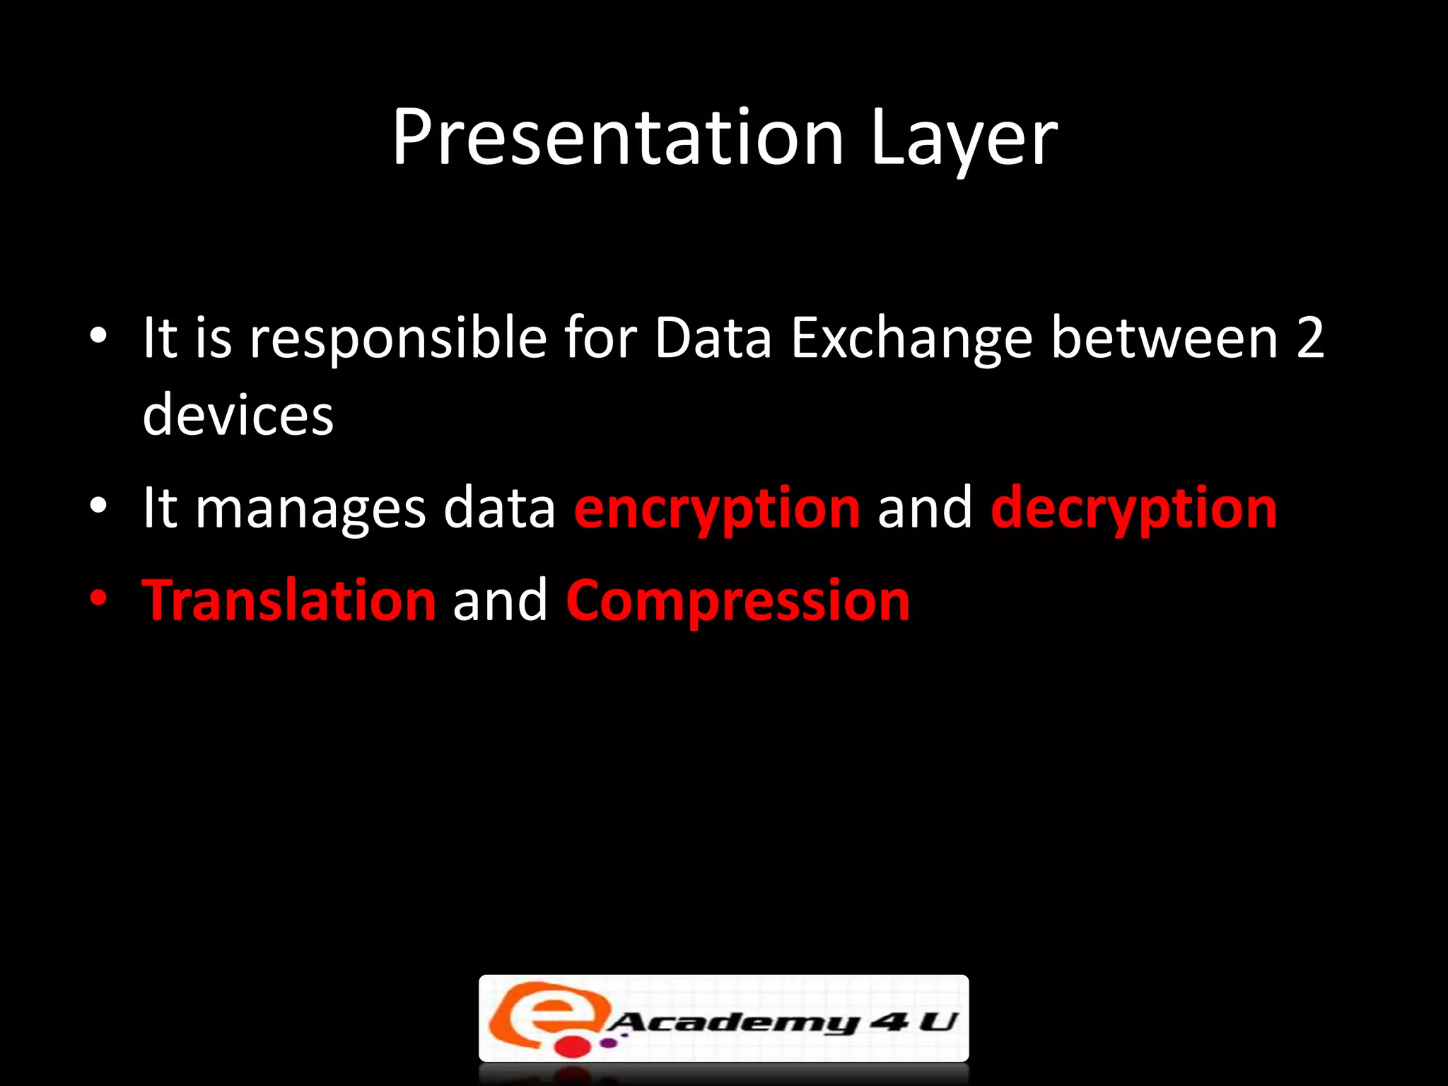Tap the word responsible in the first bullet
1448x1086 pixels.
click(x=398, y=338)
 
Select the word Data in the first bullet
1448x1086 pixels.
click(x=713, y=338)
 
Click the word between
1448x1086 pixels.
click(x=1164, y=338)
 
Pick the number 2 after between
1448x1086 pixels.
click(x=1310, y=338)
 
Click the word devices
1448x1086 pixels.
click(x=238, y=415)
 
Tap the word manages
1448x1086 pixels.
click(x=310, y=509)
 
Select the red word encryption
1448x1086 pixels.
click(x=717, y=509)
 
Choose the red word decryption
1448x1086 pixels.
click(x=1133, y=509)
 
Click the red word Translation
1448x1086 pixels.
click(x=289, y=600)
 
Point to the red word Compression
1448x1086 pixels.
click(x=737, y=602)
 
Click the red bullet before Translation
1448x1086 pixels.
click(x=98, y=599)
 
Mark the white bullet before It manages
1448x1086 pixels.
click(x=98, y=506)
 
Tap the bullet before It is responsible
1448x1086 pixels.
click(x=98, y=335)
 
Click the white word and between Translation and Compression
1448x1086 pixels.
click(x=500, y=600)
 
